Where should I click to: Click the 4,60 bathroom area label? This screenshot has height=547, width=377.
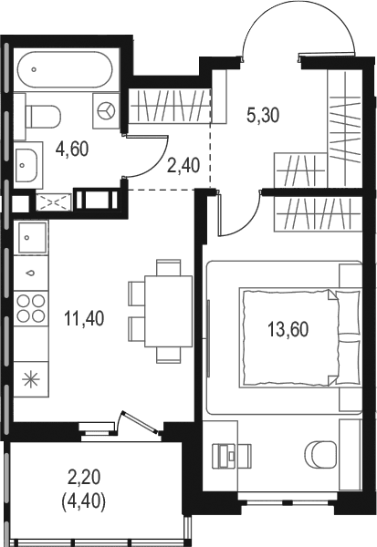(72, 150)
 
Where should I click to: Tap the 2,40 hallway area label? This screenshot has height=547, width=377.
(183, 165)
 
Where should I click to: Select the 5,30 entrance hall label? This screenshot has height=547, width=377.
(263, 115)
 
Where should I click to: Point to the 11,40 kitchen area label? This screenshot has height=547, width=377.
(84, 318)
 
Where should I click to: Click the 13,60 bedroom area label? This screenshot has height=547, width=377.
(288, 330)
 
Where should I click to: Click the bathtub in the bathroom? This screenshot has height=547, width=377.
(66, 70)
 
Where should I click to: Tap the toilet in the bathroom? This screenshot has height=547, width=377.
(43, 117)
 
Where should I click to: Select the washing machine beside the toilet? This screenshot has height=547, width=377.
(106, 111)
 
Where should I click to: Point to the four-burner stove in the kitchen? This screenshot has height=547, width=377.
(31, 308)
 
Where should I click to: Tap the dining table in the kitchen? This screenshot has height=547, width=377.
(168, 311)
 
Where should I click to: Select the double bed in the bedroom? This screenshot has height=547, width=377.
(299, 337)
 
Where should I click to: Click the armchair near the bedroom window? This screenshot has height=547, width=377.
(320, 454)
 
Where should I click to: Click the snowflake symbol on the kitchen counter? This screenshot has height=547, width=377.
(31, 379)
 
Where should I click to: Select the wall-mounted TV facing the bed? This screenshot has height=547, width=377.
(208, 337)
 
